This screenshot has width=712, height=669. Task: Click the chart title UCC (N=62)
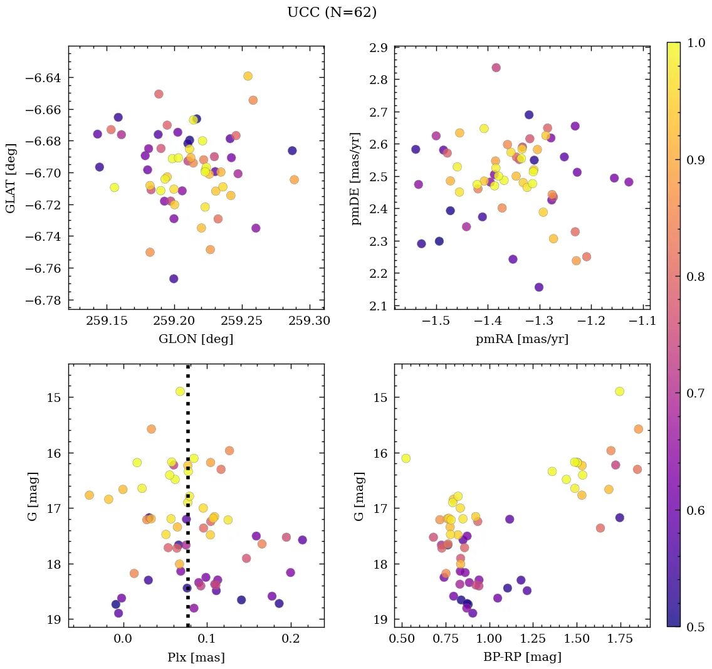coord(332,13)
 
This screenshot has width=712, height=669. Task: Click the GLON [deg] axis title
coord(196,339)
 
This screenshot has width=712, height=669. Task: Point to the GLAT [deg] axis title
coord(11,177)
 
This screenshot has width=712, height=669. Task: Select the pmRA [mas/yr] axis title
coord(522,339)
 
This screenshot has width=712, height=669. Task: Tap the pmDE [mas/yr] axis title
coord(357,178)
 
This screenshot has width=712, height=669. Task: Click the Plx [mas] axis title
coord(196,657)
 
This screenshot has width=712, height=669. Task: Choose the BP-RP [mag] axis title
coord(522,657)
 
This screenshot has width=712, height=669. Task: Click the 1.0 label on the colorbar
coord(696,43)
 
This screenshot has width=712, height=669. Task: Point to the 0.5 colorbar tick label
coord(696,627)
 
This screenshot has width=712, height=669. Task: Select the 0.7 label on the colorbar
coord(696,393)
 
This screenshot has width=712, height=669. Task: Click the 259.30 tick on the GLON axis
coord(308,321)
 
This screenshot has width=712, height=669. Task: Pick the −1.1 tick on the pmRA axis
coord(644,321)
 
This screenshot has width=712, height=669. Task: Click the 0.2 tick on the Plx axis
coord(290,639)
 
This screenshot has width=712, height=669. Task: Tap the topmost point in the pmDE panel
coord(496,68)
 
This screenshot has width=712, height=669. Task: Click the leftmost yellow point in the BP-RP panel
coord(406,458)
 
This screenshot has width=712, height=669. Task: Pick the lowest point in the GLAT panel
coord(174,278)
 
